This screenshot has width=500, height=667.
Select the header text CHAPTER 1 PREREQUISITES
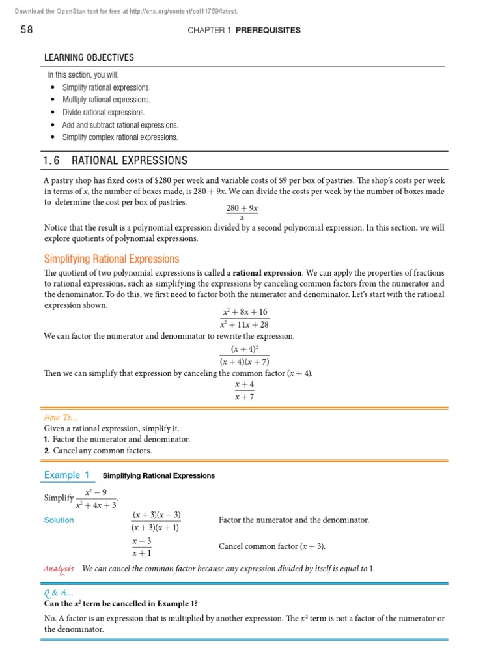click(x=243, y=31)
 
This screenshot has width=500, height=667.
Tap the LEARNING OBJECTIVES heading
click(x=89, y=58)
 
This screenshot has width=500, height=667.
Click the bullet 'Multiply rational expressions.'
click(x=106, y=100)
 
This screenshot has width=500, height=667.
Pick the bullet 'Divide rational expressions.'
click(x=104, y=112)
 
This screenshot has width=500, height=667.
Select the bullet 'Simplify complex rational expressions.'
click(x=120, y=137)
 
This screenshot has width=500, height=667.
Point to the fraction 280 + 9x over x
click(x=242, y=212)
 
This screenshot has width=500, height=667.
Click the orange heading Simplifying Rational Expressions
click(x=111, y=259)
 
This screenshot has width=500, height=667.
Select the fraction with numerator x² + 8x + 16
click(x=245, y=318)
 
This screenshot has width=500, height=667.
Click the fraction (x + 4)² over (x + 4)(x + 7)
click(x=245, y=355)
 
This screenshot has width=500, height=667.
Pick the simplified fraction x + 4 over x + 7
click(x=244, y=391)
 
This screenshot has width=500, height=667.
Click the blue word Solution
click(x=59, y=520)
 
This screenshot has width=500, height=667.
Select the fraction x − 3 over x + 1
click(x=142, y=547)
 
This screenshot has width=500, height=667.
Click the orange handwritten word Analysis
click(x=59, y=569)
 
